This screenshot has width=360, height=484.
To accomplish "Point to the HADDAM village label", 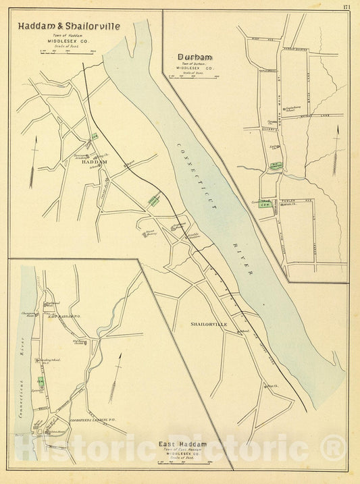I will point(94,163).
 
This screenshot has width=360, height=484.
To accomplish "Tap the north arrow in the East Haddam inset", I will point(119,374).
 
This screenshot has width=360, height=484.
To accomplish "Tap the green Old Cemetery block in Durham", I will point(276,165).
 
